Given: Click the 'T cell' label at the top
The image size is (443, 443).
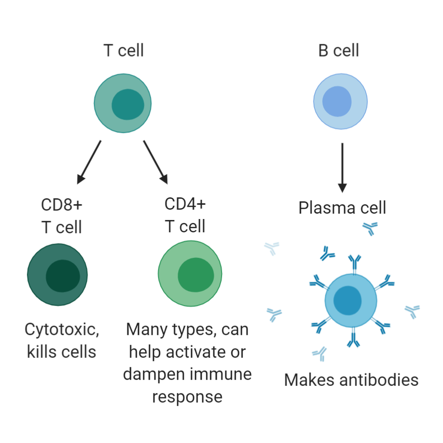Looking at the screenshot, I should [123, 50].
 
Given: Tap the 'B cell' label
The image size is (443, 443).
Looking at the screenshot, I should [339, 50].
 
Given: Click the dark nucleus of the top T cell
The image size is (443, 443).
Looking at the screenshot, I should [128, 104].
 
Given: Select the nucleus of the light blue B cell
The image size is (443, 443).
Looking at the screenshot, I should [337, 101].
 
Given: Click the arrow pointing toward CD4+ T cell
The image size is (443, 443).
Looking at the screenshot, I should [156, 162].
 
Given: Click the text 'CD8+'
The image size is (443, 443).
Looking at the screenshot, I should [62, 204].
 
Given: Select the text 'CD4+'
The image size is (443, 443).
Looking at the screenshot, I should [185, 203].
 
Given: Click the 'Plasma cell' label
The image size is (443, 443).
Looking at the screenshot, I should [342, 208].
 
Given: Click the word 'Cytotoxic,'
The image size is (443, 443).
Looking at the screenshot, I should [62, 330].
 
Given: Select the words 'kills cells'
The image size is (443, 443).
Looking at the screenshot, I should [62, 351].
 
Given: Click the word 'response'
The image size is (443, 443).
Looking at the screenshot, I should [187, 396].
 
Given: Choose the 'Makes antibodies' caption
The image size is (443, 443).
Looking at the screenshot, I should [351, 380].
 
